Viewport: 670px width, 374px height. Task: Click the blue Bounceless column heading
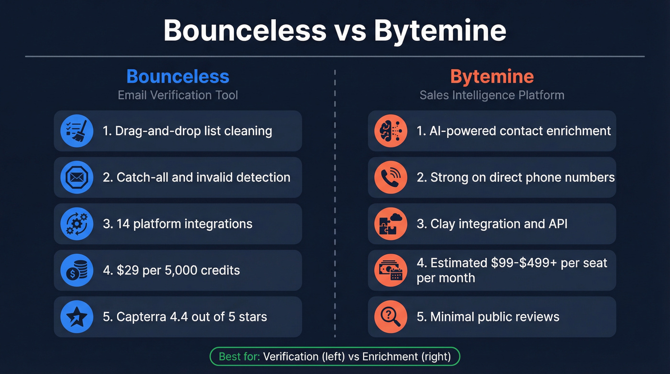178,77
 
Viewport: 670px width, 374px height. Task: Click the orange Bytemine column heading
491,77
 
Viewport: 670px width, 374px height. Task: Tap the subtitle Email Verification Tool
178,95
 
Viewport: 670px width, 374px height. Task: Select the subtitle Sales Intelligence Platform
491,95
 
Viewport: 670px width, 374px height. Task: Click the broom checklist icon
77,131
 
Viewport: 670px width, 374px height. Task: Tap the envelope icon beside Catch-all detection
77,177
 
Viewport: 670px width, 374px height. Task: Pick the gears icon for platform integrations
77,224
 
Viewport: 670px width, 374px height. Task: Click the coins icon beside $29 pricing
77,270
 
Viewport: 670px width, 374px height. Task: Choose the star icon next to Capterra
77,317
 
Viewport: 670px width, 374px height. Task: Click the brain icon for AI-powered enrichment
391,131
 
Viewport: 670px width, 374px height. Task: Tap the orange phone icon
391,177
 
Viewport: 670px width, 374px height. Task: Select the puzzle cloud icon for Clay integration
391,224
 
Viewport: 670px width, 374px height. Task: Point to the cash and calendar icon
391,270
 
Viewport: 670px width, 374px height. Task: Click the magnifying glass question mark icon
391,317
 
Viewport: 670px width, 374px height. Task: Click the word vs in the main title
349,31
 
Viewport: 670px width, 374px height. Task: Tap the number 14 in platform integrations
123,224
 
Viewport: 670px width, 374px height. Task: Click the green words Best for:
239,356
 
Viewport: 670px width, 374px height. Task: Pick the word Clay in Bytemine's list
442,224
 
